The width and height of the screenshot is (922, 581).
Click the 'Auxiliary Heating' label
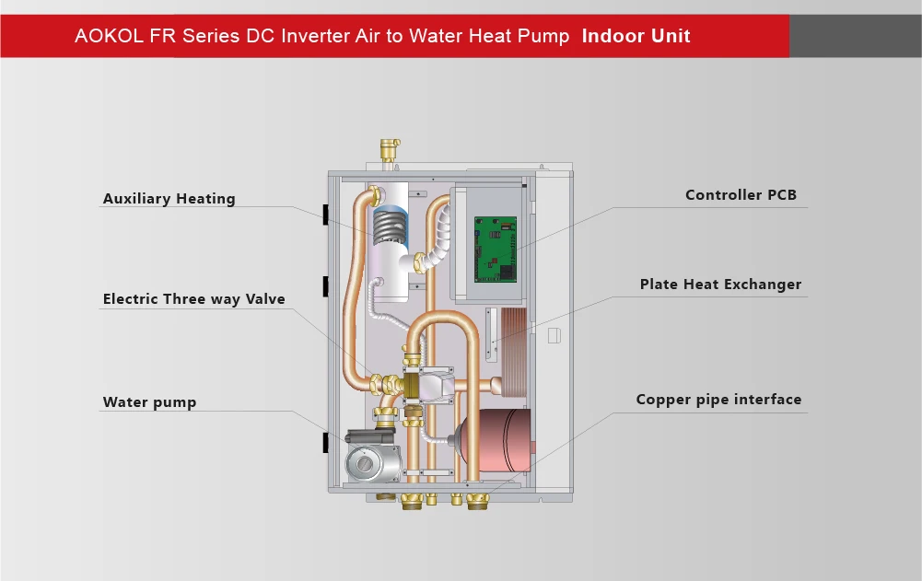click(x=169, y=199)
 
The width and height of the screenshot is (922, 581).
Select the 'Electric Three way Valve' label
click(x=193, y=299)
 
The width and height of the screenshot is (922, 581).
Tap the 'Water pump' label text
click(x=149, y=402)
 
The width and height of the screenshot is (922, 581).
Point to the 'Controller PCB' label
click(x=741, y=195)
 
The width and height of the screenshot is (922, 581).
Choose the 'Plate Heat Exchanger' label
click(x=720, y=285)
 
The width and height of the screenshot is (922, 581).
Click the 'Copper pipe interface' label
click(x=718, y=400)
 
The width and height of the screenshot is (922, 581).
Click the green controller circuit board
click(x=496, y=249)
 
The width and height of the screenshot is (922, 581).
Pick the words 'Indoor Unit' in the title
click(x=636, y=37)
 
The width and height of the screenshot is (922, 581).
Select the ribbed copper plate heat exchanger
click(x=513, y=354)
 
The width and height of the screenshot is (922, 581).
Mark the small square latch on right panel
click(x=554, y=336)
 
